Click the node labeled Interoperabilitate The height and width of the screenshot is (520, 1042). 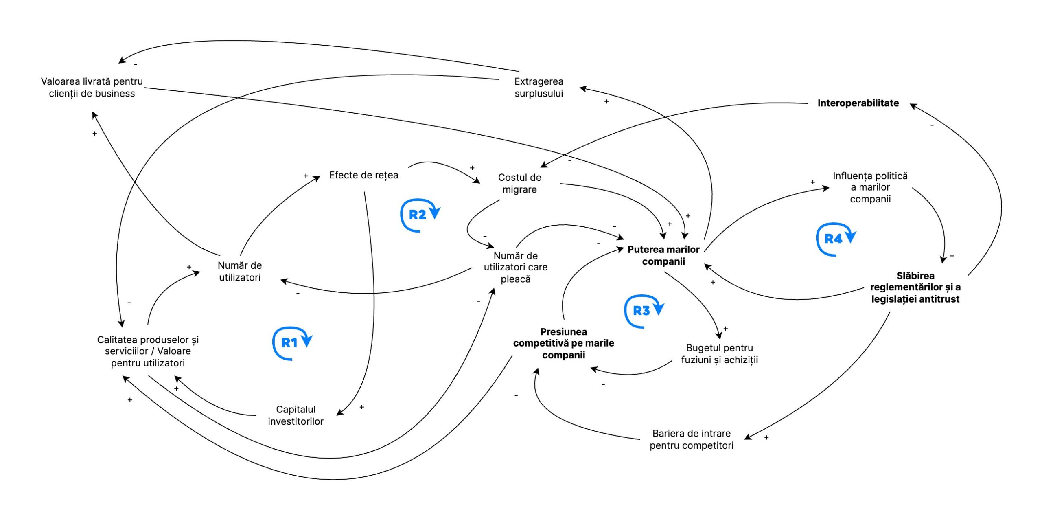pos(858,103)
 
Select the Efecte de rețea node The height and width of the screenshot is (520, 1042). pos(363,175)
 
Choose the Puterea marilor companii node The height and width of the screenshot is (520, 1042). pos(663,255)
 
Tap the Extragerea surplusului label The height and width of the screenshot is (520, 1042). pos(539,87)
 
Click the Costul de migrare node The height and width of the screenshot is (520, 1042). pos(519,183)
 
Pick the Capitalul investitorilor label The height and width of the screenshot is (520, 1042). pos(296,415)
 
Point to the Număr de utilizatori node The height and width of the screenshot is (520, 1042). pos(239,271)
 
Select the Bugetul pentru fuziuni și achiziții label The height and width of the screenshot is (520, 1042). pos(719,353)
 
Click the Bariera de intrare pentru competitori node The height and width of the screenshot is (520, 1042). pos(691,439)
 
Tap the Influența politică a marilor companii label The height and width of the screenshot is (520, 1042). pos(870,187)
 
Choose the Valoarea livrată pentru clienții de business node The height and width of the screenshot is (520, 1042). pos(92,87)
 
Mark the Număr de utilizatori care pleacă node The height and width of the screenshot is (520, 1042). pos(515,267)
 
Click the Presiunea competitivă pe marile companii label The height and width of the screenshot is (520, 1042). pos(563,343)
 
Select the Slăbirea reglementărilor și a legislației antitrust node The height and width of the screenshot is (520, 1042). pos(915,287)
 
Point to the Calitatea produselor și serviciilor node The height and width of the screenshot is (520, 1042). pos(148,351)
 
